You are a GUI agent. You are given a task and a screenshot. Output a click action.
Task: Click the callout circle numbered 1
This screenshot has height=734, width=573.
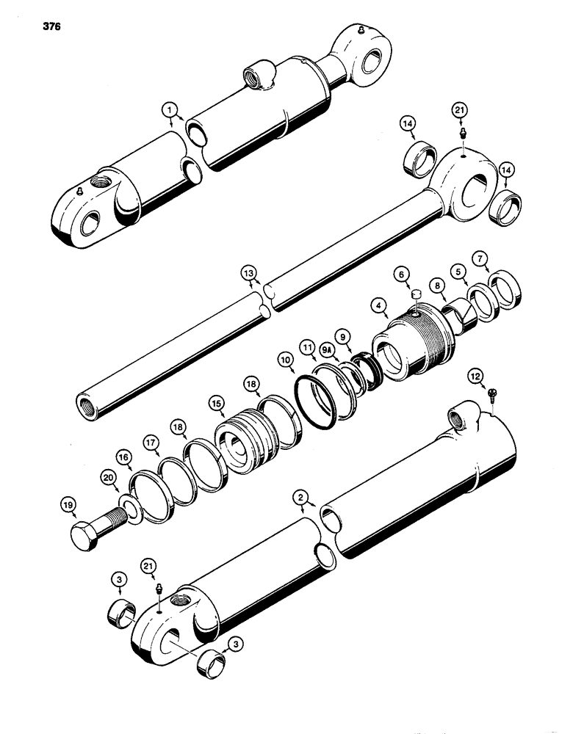[x=170, y=110]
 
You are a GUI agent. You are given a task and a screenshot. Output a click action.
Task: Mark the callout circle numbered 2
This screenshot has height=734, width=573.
[x=300, y=498]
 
